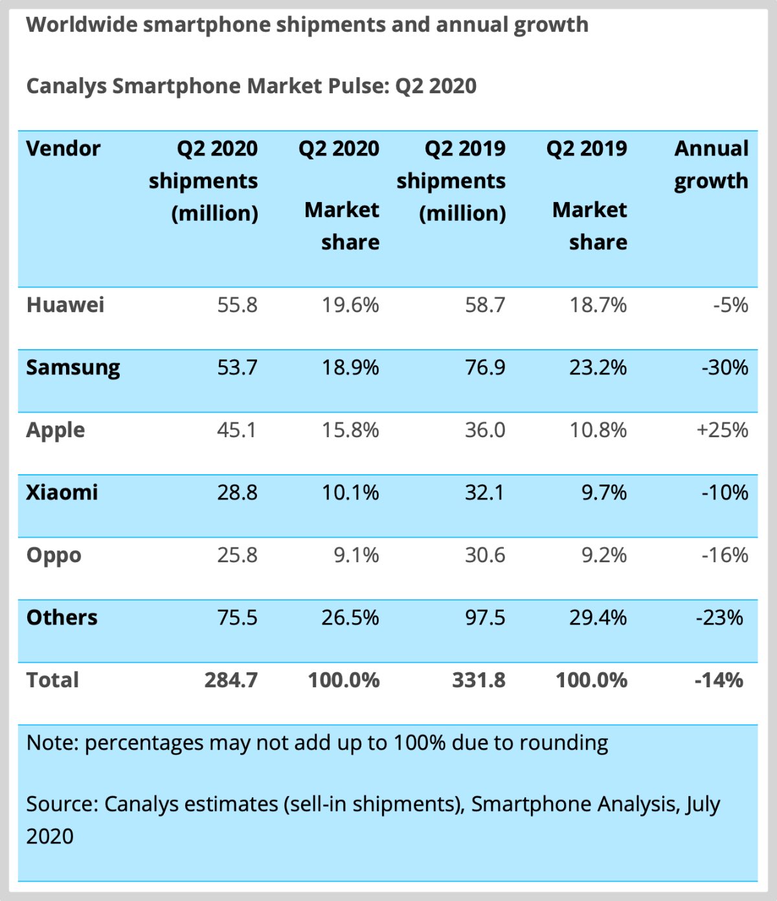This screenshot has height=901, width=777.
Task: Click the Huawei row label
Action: (x=65, y=305)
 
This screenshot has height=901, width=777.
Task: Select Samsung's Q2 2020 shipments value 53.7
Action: (x=237, y=368)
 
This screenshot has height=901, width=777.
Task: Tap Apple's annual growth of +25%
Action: (x=722, y=430)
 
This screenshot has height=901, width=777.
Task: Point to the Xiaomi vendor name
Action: (x=62, y=492)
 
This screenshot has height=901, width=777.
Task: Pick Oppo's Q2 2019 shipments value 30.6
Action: (x=484, y=555)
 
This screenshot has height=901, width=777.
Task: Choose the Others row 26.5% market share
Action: (x=350, y=617)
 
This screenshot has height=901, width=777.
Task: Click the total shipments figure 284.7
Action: (x=231, y=680)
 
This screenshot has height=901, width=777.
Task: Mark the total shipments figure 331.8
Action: (x=479, y=680)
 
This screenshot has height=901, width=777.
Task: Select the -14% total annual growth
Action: (x=718, y=680)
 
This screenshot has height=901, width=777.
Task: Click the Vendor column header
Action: (x=63, y=149)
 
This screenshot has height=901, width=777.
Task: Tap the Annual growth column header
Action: (x=711, y=165)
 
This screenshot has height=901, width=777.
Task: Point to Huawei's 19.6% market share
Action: (x=350, y=305)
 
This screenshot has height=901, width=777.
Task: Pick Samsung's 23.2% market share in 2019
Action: (x=598, y=368)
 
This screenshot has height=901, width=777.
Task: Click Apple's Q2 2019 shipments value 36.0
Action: (x=484, y=430)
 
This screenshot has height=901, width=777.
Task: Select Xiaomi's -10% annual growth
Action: (x=725, y=492)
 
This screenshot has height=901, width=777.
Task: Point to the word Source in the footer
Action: (x=62, y=804)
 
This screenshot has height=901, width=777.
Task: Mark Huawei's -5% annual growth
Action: (x=730, y=305)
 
